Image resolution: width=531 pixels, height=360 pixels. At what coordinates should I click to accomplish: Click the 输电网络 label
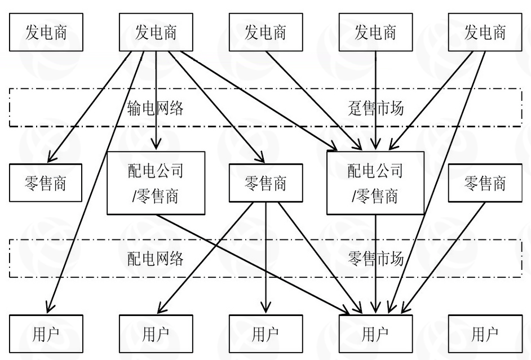coord(155,108)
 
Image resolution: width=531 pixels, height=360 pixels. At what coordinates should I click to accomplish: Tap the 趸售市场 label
coord(376,108)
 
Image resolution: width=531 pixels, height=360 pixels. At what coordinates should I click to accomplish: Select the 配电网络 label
coord(155,259)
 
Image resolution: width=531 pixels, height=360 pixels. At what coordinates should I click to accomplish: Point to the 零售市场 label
coord(376,259)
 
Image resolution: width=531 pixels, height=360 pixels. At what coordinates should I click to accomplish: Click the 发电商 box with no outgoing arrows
coord(46,32)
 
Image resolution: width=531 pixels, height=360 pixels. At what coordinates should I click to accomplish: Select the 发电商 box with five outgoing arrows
coord(156,32)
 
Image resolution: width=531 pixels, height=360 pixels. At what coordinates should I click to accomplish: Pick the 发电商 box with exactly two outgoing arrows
coord(485,32)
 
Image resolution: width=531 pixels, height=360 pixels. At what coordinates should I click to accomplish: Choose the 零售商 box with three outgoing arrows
coord(265,183)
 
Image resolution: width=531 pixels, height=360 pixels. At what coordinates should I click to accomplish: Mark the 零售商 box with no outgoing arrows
coord(46,183)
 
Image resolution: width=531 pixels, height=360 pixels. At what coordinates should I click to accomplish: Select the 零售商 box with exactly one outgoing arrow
coord(485,183)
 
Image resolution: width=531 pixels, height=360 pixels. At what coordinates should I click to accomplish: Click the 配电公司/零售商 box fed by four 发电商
coord(376,183)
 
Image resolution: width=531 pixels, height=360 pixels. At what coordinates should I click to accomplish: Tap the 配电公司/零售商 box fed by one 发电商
coord(156,183)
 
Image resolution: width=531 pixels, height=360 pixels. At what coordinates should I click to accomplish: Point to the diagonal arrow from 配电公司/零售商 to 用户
coord(254,262)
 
